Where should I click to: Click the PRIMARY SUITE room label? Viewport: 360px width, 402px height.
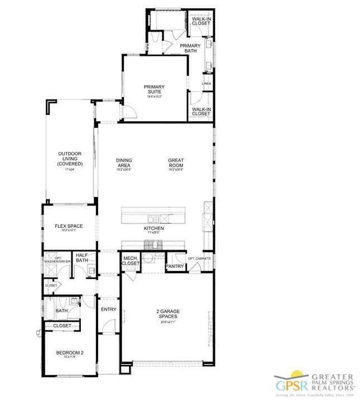click(x=153, y=89)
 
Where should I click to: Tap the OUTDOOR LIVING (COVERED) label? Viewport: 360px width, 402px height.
click(x=70, y=159)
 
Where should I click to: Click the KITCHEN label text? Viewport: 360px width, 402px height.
click(x=153, y=228)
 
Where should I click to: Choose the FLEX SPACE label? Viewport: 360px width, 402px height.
click(x=69, y=226)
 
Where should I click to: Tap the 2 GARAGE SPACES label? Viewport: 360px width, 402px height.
click(x=167, y=314)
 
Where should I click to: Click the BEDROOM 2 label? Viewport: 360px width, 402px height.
click(x=70, y=352)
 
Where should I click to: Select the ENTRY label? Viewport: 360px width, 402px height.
click(x=108, y=309)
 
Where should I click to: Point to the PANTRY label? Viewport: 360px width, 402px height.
click(x=175, y=267)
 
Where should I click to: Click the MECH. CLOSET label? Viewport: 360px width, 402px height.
click(x=131, y=261)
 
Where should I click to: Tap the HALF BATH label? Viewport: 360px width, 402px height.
click(x=82, y=257)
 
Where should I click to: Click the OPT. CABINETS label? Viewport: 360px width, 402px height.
click(x=199, y=259)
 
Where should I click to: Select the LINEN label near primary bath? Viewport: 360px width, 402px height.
click(x=207, y=84)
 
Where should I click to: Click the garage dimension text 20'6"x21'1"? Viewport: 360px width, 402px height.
click(x=167, y=322)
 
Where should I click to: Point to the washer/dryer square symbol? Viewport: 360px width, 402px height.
click(x=53, y=270)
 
